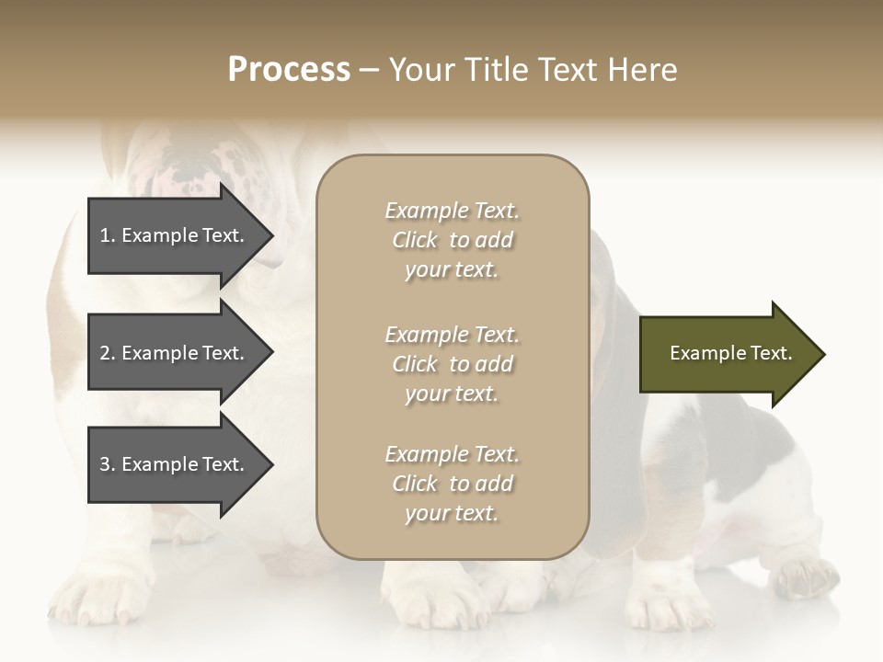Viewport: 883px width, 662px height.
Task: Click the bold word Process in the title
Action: coord(289,70)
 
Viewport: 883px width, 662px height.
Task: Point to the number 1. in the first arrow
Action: coord(108,235)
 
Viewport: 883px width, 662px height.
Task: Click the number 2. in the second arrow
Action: coord(108,353)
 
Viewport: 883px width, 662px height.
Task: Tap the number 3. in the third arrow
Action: coord(108,464)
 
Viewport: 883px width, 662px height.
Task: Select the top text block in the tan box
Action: coord(452,240)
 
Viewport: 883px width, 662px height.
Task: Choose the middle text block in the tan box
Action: coord(452,364)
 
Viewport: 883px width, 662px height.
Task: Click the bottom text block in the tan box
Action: coord(452,484)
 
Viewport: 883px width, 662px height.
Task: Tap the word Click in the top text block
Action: coord(415,240)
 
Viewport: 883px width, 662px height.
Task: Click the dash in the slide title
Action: coord(369,71)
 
